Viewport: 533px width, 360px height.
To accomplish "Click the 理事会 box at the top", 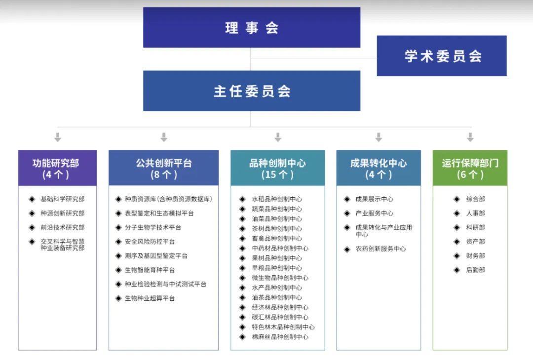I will [252, 28].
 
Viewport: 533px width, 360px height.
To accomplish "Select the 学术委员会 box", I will [442, 56].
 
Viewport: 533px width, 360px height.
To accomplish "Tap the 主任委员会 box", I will [252, 91].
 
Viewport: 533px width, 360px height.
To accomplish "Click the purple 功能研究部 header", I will [57, 168].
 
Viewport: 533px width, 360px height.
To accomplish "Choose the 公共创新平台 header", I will [163, 168].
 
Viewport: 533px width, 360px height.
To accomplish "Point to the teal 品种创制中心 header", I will [277, 168].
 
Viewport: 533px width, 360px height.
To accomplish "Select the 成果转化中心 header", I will [379, 168].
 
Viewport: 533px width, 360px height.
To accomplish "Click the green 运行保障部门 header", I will [470, 168].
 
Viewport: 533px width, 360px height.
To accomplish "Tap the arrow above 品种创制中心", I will [278, 137].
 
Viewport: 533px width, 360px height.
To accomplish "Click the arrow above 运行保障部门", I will [470, 137].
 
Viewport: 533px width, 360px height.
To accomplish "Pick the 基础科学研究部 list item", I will [62, 199].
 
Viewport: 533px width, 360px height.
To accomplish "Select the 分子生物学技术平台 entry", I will [153, 227].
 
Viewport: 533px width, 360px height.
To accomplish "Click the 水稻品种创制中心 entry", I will [277, 199].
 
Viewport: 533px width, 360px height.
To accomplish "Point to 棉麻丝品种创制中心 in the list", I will [280, 337].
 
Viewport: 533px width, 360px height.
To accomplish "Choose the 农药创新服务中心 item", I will [381, 249].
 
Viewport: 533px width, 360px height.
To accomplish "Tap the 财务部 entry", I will [475, 256].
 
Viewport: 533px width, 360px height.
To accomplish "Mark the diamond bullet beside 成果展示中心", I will [347, 199].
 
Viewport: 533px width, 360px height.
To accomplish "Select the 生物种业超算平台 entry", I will [150, 298].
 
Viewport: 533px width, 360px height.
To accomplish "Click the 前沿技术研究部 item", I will [62, 227].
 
